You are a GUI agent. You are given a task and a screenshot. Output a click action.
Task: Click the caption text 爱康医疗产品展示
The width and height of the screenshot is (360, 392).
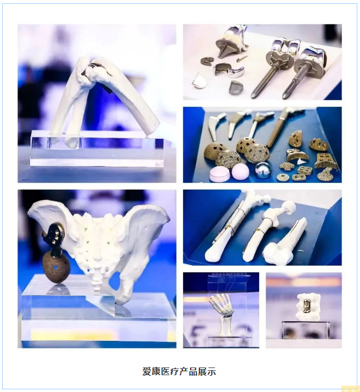pos(179,371)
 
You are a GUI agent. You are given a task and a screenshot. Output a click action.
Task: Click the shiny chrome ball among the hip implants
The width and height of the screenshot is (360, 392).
pos(263,170)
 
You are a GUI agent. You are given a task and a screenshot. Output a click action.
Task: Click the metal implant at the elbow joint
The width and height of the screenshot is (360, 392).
pos(93,69)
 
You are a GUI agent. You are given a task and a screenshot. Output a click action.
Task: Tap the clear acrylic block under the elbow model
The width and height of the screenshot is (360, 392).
pos(97,149)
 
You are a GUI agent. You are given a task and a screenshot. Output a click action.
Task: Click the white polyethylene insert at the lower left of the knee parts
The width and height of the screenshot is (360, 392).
pos(199,81)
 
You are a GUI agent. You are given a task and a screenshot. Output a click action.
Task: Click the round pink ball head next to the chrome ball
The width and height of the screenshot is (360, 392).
pos(241,171)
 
